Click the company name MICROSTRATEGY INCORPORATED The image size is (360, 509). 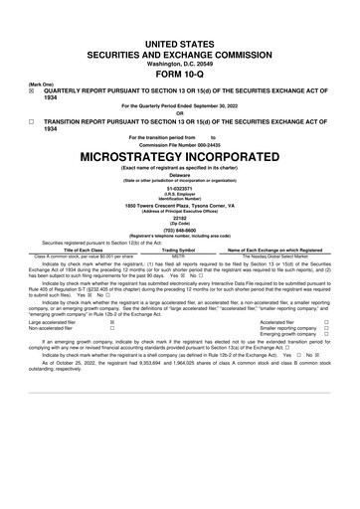[179, 157]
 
